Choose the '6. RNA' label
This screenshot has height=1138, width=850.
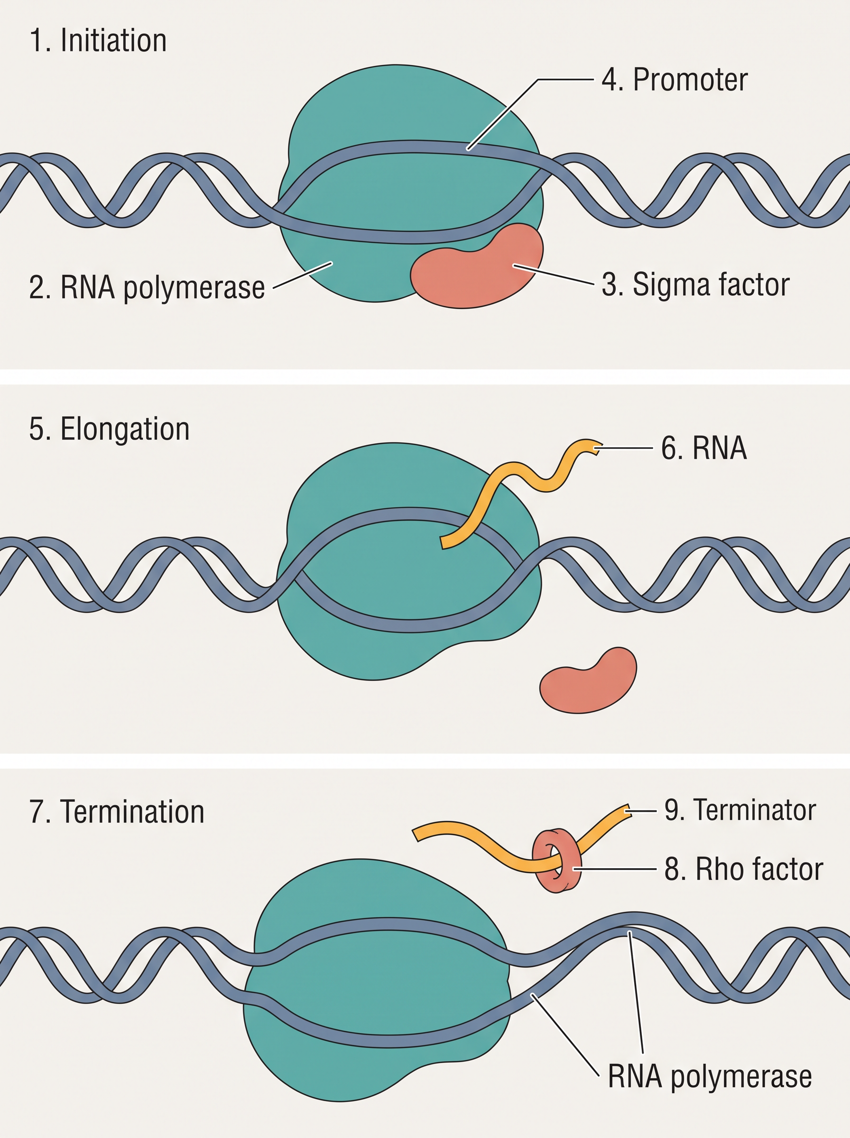[703, 448]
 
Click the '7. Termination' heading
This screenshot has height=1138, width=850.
[117, 811]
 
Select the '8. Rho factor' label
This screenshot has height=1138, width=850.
[743, 869]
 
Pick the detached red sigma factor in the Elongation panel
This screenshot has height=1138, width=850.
[588, 681]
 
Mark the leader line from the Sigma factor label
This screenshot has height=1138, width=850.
[554, 274]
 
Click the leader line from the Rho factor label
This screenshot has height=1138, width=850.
[615, 869]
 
